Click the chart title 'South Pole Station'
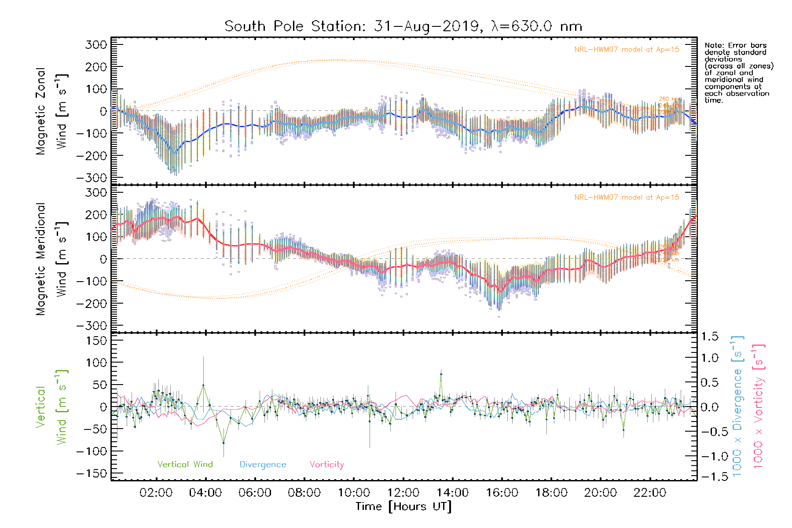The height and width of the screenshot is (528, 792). pos(403,26)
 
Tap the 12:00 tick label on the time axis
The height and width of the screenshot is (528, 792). pos(403,493)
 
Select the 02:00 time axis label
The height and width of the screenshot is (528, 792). pos(156,493)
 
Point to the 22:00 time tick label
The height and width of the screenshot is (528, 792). pos(649,493)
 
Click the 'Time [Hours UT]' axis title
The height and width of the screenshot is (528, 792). pos(403,506)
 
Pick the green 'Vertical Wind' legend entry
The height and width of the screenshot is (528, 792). pos(185,464)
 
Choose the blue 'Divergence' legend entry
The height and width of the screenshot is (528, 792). pos(263,464)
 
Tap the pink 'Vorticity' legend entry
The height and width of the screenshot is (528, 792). pos(326,464)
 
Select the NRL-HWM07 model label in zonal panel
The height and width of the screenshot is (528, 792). pos(627,49)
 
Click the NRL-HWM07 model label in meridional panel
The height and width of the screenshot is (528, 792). pos(627,197)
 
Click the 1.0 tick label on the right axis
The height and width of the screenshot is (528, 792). pos(710,358)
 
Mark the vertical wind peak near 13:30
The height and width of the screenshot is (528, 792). pos(441,374)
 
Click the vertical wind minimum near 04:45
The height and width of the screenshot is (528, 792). pos(224,443)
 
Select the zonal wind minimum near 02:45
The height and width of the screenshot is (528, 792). pos(175,153)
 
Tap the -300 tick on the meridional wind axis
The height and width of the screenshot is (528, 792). pos(92,326)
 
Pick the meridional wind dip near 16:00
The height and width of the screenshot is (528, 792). pos(500,291)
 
